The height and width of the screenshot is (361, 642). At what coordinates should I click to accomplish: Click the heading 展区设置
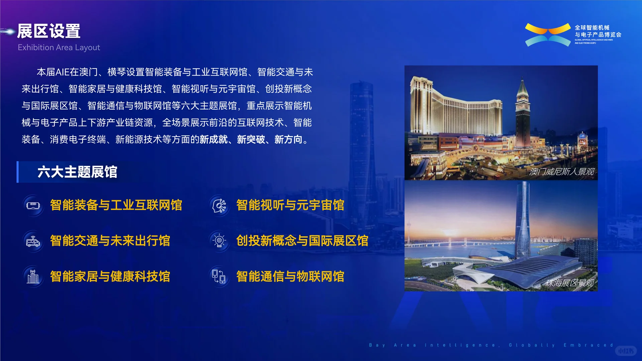[x=49, y=31]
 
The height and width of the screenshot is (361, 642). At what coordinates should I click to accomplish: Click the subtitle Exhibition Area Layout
[x=59, y=47]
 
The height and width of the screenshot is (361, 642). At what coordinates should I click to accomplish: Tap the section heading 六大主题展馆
[x=77, y=172]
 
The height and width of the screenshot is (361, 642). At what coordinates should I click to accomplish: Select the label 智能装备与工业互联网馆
[x=116, y=205]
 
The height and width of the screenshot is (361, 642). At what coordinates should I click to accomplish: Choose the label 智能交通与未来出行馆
[x=110, y=241]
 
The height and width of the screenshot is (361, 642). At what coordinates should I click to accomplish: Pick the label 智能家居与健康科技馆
[x=110, y=276]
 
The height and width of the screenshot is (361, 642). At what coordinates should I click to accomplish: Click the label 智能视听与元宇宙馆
[x=290, y=205]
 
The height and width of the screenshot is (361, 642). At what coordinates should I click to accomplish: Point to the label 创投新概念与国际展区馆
[x=302, y=241]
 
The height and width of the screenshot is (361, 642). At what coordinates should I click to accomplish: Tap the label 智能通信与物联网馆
[x=290, y=276]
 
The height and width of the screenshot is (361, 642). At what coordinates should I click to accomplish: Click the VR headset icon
[x=33, y=205]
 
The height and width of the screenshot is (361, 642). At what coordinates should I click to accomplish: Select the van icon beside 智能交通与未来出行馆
[x=33, y=241]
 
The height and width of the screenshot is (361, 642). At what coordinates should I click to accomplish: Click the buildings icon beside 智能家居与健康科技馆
[x=33, y=277]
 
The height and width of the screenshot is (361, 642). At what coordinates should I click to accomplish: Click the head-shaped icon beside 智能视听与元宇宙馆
[x=219, y=205]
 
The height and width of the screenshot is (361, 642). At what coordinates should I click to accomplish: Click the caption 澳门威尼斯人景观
[x=562, y=172]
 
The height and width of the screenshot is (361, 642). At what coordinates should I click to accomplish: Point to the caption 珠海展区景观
[x=570, y=283]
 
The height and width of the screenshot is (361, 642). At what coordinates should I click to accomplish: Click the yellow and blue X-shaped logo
[x=548, y=35]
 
